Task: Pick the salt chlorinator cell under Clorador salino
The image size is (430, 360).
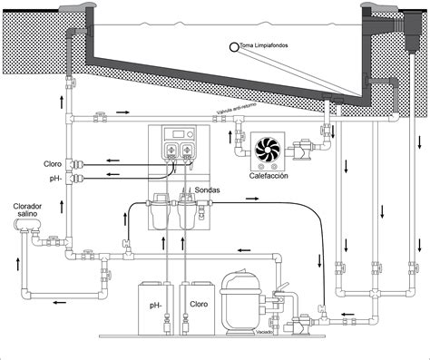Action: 25,238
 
